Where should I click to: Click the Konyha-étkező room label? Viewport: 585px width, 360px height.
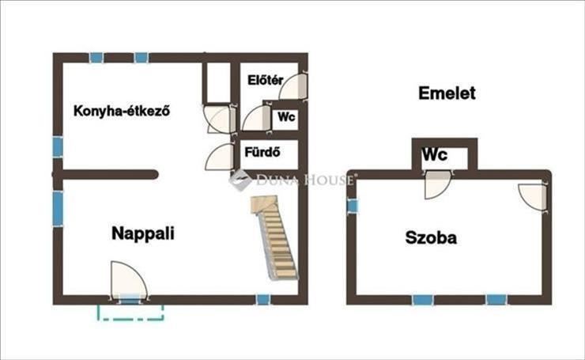click(123, 112)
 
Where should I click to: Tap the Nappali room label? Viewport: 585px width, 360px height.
click(143, 233)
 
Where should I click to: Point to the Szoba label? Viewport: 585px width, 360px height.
click(431, 237)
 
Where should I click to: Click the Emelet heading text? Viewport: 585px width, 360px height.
click(447, 93)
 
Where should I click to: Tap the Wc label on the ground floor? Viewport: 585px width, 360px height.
click(286, 117)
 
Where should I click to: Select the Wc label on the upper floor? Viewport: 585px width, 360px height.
click(435, 155)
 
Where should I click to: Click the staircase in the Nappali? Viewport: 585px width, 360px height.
click(277, 238)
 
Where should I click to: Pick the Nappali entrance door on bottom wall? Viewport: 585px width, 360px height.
click(127, 281)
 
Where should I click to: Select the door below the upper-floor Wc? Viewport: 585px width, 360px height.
click(437, 185)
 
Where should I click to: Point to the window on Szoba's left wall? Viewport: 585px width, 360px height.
click(353, 206)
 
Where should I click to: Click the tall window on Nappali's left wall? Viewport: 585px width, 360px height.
click(58, 208)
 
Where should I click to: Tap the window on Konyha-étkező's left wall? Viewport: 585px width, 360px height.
click(58, 147)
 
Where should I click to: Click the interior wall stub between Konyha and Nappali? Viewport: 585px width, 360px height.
click(107, 175)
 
